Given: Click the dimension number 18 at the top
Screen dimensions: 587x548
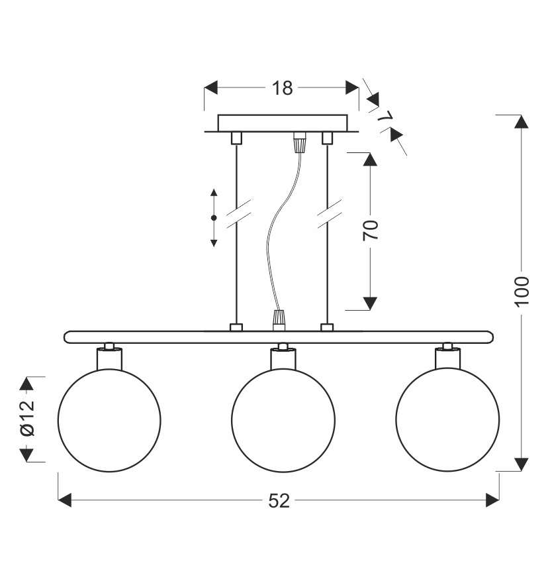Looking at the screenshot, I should point(283,88).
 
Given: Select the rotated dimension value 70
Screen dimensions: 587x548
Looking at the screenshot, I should point(371,230).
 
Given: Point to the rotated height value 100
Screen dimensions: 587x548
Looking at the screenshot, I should point(522,291).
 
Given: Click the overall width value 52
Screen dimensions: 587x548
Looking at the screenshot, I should point(279,501).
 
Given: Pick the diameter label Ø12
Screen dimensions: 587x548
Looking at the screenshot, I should point(27,419).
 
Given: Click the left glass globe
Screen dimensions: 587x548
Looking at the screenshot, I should point(109,420).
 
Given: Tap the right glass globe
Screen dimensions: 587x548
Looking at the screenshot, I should point(447,420).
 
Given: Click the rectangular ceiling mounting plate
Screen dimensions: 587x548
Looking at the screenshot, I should point(283,123).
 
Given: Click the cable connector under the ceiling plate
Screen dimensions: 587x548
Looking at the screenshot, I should point(300,141).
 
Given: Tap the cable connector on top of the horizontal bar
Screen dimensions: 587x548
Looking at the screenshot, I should point(279,319).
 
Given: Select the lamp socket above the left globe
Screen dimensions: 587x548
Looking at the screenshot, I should point(109,358).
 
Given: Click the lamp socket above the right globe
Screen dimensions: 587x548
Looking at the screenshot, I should point(447,358).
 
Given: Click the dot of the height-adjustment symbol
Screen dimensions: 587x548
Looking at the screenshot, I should point(214,218).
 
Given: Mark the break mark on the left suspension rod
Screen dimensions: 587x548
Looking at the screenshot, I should point(238,213).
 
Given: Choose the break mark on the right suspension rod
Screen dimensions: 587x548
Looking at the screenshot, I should point(328,213).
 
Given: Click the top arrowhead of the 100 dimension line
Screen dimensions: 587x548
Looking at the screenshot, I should point(522,121).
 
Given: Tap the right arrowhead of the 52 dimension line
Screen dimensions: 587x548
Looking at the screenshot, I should point(492,500).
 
